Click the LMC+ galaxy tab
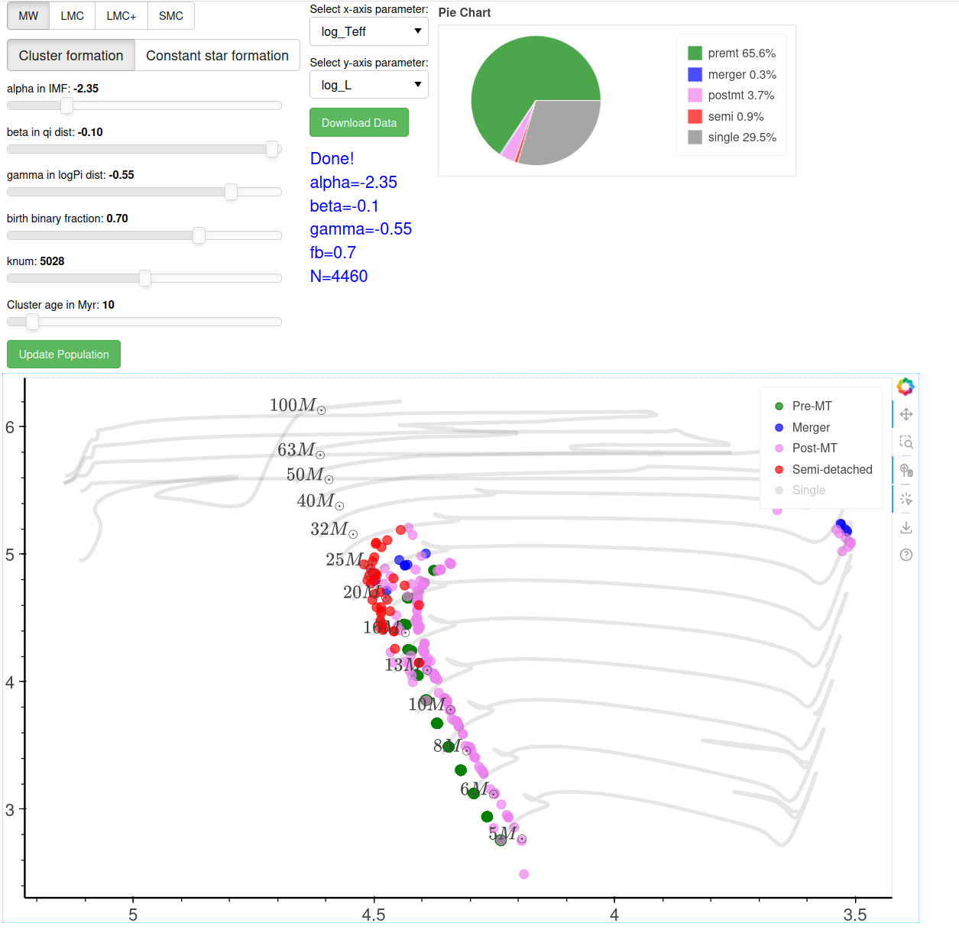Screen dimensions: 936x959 point(121,15)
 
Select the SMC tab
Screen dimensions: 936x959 point(170,15)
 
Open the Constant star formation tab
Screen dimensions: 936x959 point(217,56)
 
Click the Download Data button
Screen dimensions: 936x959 point(358,123)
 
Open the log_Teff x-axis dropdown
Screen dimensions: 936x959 point(369,32)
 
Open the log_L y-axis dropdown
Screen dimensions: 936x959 point(369,86)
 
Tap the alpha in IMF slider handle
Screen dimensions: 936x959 point(66,105)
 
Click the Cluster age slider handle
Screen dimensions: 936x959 point(32,322)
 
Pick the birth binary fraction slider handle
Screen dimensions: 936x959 point(199,235)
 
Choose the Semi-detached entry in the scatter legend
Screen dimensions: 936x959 point(831,469)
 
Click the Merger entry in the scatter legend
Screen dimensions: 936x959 point(810,427)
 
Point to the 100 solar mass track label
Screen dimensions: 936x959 point(297,405)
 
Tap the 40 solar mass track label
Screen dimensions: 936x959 point(320,501)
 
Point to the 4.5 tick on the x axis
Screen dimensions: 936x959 point(374,915)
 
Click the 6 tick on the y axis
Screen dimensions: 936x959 point(10,427)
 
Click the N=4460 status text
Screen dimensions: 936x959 point(339,277)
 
